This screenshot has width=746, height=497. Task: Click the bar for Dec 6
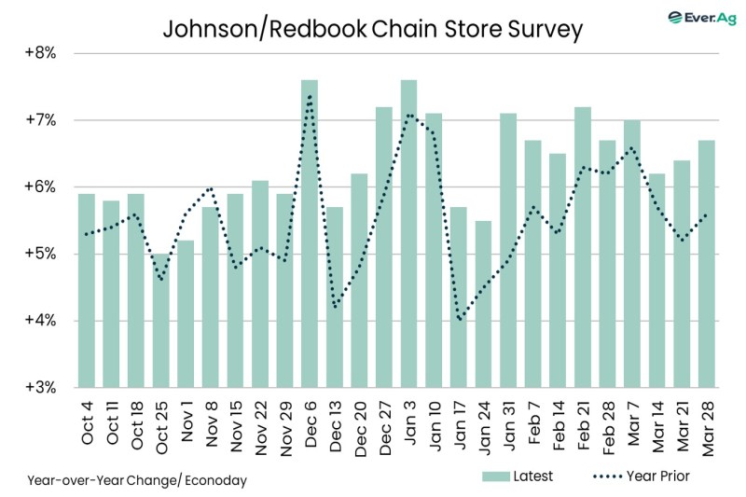click(x=310, y=233)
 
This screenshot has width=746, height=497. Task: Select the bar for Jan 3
click(x=408, y=233)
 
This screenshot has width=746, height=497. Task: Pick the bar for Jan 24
click(x=483, y=303)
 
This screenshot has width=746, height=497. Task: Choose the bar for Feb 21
click(x=582, y=247)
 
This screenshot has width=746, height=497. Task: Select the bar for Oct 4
click(x=87, y=290)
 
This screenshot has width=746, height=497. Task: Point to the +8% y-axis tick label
click(x=39, y=53)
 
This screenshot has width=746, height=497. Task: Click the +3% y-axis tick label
click(x=39, y=387)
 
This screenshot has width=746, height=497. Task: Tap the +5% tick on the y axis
click(x=39, y=254)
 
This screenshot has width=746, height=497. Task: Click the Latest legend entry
click(x=517, y=476)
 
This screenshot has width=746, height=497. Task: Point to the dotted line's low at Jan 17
click(x=459, y=320)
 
